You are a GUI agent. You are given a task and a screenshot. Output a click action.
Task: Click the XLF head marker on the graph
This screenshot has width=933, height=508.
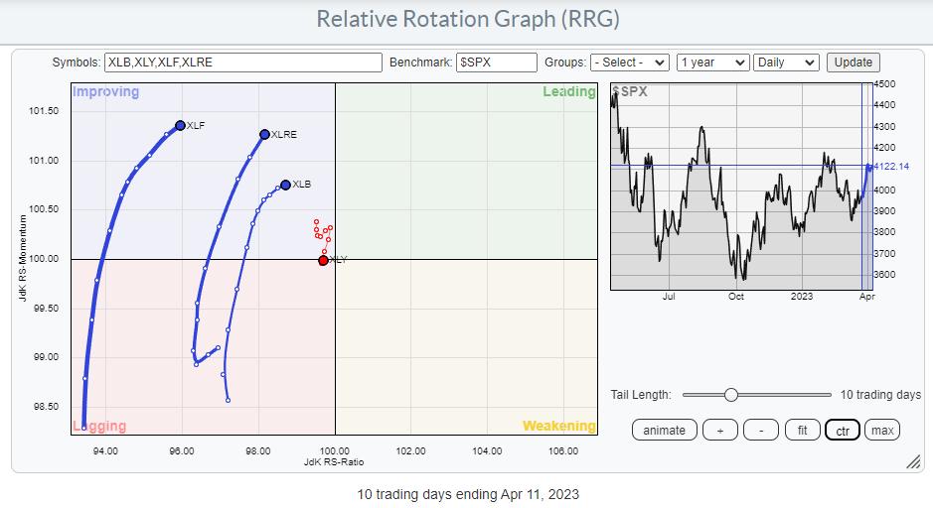tap(180, 125)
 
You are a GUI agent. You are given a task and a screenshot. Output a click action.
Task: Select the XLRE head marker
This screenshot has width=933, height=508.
tap(264, 134)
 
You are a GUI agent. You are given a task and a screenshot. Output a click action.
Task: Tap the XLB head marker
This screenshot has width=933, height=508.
tap(285, 185)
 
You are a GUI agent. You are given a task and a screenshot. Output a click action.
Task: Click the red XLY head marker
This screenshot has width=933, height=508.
tap(323, 260)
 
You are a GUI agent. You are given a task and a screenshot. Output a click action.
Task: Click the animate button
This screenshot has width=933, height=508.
tap(664, 431)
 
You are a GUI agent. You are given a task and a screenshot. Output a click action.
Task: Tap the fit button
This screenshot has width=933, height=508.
tap(802, 431)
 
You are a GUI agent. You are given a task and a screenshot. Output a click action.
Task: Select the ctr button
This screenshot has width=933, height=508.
tap(843, 431)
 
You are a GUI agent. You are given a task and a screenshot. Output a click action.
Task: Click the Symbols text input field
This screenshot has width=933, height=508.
tap(243, 63)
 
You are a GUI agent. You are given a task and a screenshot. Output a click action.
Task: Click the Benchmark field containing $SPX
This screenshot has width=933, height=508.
tap(496, 63)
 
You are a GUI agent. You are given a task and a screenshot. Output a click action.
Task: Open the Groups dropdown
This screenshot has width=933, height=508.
tap(630, 63)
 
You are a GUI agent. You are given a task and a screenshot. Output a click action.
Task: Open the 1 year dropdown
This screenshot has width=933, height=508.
tap(712, 63)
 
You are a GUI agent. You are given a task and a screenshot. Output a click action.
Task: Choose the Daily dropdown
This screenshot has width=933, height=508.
tap(786, 63)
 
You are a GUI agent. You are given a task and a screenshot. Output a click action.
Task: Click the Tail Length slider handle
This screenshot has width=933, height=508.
tap(730, 395)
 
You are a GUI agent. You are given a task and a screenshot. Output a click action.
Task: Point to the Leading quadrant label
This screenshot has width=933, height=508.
tap(569, 91)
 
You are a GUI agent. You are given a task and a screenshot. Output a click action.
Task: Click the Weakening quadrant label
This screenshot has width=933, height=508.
tap(558, 426)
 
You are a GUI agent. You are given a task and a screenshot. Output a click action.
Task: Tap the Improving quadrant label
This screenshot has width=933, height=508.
tap(106, 91)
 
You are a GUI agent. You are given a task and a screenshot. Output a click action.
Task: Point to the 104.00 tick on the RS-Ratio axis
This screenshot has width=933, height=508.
tap(487, 451)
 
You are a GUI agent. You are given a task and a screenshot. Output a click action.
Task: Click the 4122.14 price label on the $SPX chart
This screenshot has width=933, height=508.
tap(890, 167)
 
